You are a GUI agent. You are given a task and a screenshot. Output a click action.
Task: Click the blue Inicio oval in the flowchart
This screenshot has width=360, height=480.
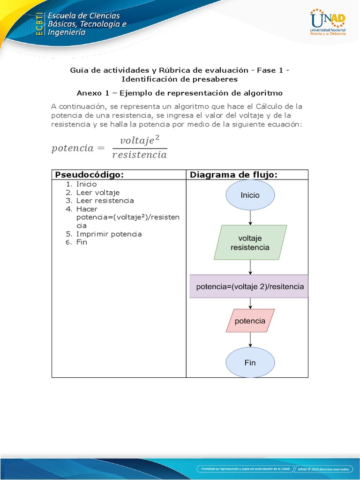point(250,195)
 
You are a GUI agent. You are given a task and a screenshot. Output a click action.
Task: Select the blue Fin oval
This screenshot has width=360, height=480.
point(250,363)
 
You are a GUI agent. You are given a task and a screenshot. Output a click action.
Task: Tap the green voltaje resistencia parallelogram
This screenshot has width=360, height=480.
point(250,242)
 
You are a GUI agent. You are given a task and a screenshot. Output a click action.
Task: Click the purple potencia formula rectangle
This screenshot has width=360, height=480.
point(250,286)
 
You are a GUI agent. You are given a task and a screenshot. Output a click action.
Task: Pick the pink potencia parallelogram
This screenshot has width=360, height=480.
point(250,321)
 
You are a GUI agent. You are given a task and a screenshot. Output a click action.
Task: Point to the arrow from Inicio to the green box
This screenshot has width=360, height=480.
point(250,217)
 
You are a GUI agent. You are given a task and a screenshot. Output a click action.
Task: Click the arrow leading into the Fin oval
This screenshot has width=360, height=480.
point(250,341)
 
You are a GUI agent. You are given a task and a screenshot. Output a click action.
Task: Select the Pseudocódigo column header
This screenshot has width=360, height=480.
point(89,175)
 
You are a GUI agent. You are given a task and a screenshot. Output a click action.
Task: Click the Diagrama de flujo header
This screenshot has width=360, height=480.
point(233,175)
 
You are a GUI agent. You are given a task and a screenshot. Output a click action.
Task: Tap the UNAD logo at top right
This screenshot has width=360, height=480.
point(328,22)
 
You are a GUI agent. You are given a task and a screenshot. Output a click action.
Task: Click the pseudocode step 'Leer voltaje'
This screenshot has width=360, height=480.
point(98,192)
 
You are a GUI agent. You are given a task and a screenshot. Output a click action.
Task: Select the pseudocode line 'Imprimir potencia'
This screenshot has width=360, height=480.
point(109,234)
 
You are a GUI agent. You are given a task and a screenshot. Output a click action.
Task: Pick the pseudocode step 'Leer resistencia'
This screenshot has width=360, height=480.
point(105,201)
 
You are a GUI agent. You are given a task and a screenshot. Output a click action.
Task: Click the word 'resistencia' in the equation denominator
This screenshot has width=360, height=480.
point(139,154)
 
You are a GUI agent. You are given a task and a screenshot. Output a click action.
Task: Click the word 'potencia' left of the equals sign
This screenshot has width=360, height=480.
point(72,148)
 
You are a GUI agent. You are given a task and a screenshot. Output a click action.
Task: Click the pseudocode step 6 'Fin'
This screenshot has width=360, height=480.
point(82,242)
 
